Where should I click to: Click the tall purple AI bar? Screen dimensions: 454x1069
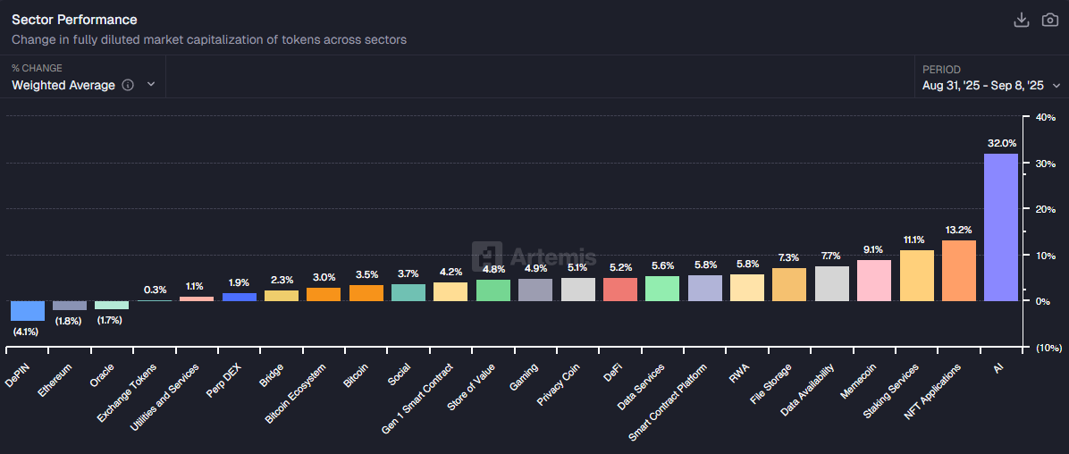click(1000, 227)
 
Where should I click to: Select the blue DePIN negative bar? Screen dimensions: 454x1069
click(27, 310)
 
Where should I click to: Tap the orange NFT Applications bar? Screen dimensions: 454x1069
click(958, 270)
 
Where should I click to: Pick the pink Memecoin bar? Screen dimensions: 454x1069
click(873, 280)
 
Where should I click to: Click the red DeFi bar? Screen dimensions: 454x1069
click(619, 289)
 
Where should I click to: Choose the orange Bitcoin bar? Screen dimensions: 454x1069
click(366, 292)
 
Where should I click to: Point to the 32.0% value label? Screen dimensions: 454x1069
click(1001, 143)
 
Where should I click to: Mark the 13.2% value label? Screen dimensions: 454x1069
click(958, 230)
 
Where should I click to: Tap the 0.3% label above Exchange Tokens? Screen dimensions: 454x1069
click(155, 290)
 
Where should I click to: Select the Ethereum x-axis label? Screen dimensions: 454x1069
click(55, 380)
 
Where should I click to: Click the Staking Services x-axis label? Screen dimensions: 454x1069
click(892, 391)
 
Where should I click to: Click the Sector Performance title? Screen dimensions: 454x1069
click(74, 20)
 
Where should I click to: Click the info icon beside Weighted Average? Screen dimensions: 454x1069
click(128, 85)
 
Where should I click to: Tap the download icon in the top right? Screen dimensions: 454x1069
click(1022, 21)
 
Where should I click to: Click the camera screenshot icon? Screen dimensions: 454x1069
click(1050, 21)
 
